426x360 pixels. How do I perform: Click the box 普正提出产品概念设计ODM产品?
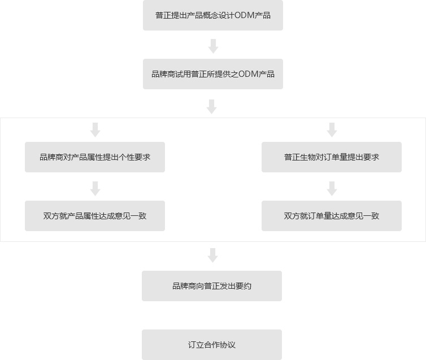pyautogui.click(x=212, y=15)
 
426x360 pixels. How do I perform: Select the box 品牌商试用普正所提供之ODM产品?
pyautogui.click(x=212, y=74)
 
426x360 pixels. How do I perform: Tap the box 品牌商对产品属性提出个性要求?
pyautogui.click(x=94, y=157)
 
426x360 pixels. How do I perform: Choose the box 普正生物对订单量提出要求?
pyautogui.click(x=331, y=157)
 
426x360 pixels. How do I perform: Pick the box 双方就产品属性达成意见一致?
pyautogui.click(x=94, y=216)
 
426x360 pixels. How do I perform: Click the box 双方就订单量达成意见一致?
pyautogui.click(x=331, y=216)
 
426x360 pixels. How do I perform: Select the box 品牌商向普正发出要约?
pyautogui.click(x=211, y=286)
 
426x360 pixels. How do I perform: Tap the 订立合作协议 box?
pyautogui.click(x=211, y=345)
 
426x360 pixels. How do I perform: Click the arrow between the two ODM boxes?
pyautogui.click(x=213, y=46)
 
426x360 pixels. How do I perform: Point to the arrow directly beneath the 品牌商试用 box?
pyautogui.click(x=212, y=106)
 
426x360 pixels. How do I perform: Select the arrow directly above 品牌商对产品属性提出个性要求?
pyautogui.click(x=95, y=130)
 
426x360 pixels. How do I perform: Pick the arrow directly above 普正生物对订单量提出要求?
pyautogui.click(x=332, y=130)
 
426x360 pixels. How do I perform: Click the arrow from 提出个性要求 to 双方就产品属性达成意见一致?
pyautogui.click(x=95, y=189)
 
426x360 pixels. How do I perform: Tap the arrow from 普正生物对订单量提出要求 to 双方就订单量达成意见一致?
pyautogui.click(x=332, y=189)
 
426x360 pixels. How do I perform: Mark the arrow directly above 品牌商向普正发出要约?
pyautogui.click(x=212, y=255)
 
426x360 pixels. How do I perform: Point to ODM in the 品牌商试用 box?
pyautogui.click(x=248, y=74)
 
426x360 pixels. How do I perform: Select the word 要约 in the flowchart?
pyautogui.click(x=244, y=286)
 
